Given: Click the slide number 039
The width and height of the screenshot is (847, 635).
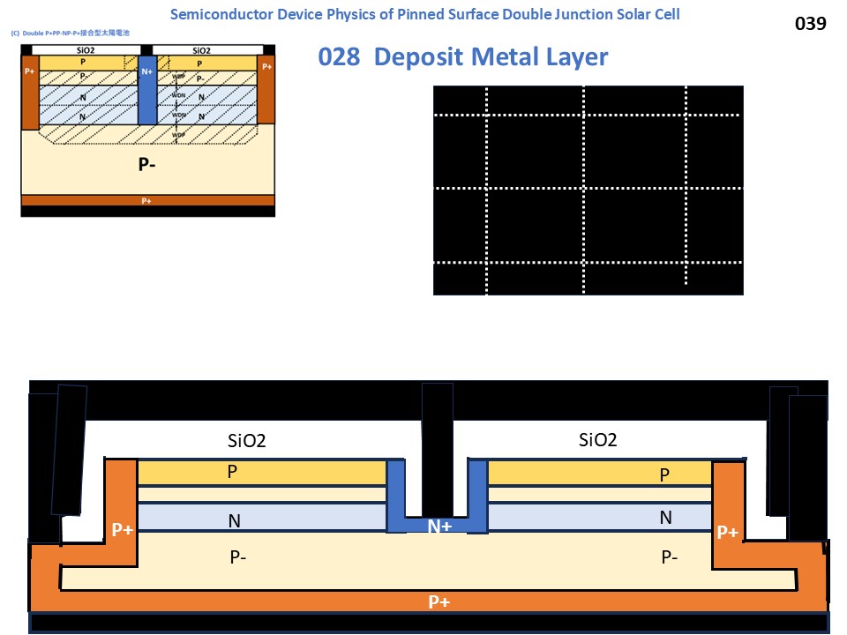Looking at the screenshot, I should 810,24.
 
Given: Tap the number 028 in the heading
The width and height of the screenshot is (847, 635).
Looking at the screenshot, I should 339,56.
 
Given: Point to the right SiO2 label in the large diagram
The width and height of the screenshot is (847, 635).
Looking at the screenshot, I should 597,439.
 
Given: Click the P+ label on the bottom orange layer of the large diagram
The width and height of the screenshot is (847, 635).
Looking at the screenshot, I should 438,601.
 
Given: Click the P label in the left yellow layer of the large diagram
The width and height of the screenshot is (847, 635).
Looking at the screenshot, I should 232,472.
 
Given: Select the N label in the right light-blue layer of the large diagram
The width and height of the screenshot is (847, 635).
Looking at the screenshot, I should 665,518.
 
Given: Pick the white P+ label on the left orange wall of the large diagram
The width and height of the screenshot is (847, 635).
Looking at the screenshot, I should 122,530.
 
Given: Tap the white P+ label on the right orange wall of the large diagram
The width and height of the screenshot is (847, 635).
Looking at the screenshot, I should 727,532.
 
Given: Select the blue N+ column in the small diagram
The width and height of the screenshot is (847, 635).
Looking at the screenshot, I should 147,88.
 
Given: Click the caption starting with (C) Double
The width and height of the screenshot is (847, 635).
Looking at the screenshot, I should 71,33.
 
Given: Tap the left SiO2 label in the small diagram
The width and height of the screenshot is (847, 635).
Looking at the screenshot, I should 85,49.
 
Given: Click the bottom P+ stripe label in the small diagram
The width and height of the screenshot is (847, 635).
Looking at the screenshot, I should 146,200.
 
